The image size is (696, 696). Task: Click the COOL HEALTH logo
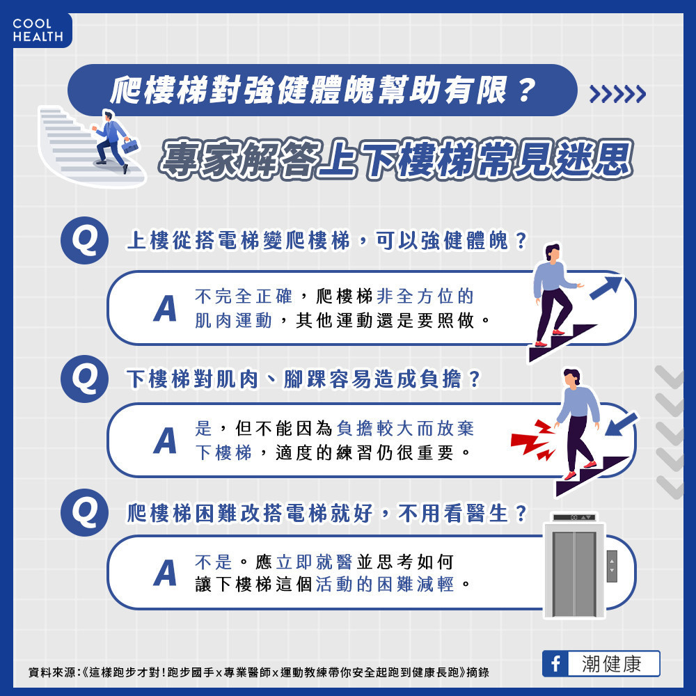pos(38,30)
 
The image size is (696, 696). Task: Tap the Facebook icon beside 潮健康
pos(555,663)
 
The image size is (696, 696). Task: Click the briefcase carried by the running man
pos(129,145)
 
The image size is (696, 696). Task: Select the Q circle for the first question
pos(84,241)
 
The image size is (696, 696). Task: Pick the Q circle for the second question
pos(84,379)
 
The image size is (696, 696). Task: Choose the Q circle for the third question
pos(84,513)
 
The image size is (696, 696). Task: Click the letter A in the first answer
pos(165,308)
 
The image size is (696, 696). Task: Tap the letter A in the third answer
pos(165,573)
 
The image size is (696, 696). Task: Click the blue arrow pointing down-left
pos(621,425)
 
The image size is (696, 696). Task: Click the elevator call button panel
pos(612,566)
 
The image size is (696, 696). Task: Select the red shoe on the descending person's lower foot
pos(570,476)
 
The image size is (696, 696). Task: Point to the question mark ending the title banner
pos(525,90)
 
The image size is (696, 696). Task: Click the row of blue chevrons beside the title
pos(617,94)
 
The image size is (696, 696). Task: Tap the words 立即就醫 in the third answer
pos(315,562)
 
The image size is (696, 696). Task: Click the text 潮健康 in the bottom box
pos(611,664)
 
